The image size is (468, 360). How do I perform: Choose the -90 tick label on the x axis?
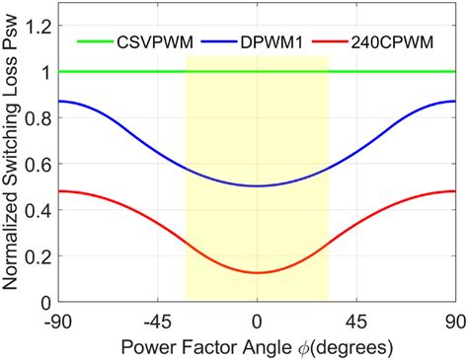pos(57,320)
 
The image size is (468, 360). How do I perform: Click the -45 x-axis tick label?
pos(156,320)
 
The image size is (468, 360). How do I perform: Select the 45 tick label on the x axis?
pos(355,320)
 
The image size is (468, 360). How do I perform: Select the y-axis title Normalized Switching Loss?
pos(13,158)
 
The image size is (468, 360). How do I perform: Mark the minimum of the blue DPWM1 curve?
pos(257,185)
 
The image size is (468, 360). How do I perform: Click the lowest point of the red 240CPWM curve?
pos(257,272)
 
